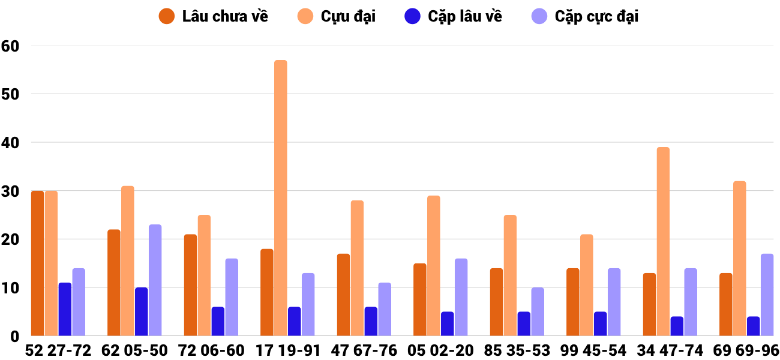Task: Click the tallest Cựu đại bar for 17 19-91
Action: (x=281, y=198)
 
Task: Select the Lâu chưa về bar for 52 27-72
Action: (x=37, y=263)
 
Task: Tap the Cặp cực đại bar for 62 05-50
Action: (x=155, y=280)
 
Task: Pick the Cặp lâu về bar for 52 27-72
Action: (x=65, y=309)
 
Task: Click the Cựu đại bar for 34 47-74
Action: (x=663, y=241)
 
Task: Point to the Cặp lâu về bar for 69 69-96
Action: (x=753, y=326)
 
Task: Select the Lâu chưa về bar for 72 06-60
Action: (x=190, y=285)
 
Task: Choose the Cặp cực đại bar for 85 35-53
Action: (x=538, y=311)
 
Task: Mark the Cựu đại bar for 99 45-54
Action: (x=586, y=285)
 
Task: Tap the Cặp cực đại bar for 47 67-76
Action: (x=385, y=309)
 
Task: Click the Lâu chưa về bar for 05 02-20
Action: (x=420, y=299)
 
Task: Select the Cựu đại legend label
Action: (x=348, y=16)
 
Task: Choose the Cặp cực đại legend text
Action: (x=596, y=16)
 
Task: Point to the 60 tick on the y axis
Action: (x=10, y=46)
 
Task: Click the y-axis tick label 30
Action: (x=10, y=191)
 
